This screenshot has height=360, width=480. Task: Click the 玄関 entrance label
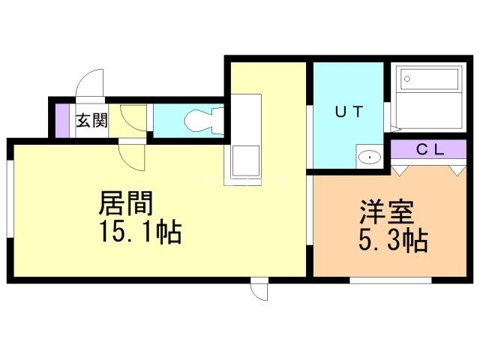click(91, 120)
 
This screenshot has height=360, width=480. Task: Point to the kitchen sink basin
click(246, 159)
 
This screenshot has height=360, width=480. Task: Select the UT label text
click(348, 113)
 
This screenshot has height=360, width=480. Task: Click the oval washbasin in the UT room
click(370, 157)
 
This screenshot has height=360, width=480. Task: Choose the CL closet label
click(430, 149)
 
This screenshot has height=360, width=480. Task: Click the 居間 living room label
click(127, 202)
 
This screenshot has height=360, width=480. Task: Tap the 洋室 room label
click(387, 212)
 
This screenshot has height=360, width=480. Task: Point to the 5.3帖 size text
click(389, 242)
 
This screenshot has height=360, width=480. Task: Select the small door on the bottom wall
click(259, 289)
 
